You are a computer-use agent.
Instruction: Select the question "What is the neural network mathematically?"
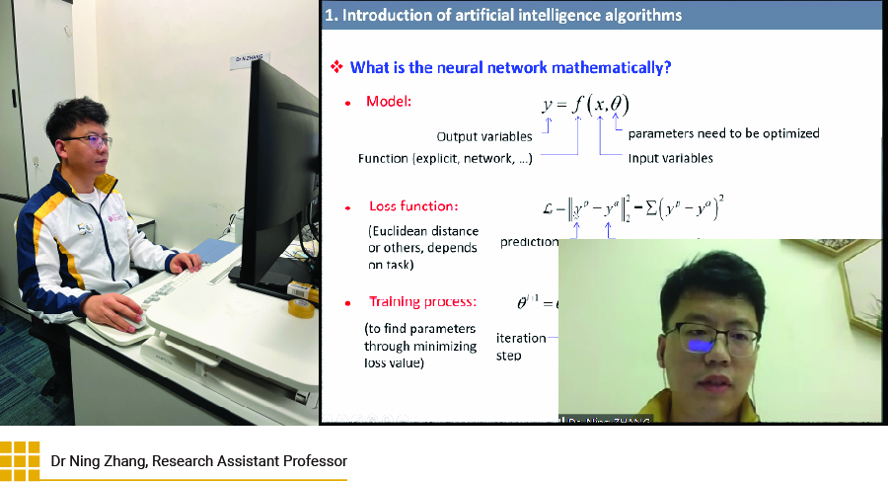coord(511,67)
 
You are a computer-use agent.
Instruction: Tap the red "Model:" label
coord(389,102)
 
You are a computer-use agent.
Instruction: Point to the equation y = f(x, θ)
coord(585,104)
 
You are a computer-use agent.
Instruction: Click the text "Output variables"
coord(484,136)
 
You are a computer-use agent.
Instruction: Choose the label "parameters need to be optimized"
coord(723,133)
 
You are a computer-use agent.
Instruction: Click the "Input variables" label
coord(670,158)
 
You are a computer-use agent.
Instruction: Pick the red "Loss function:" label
coord(413,206)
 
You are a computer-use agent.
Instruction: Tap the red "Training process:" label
coord(422,301)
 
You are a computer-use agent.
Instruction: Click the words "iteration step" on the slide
coord(521,346)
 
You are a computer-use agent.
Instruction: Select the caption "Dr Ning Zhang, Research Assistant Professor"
coord(199,461)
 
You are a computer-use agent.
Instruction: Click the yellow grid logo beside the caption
coord(20,460)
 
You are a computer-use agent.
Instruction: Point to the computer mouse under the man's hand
coord(124,321)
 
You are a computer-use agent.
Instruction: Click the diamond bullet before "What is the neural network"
coord(335,67)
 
